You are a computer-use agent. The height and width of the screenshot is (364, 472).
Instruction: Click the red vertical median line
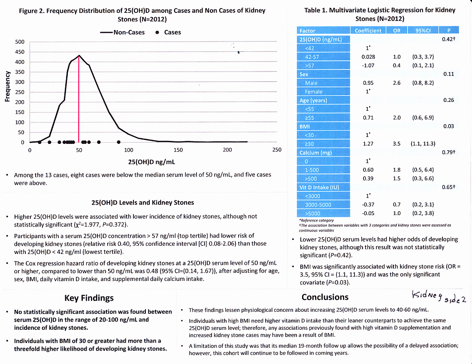79,101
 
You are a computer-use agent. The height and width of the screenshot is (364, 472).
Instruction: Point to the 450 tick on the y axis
20,52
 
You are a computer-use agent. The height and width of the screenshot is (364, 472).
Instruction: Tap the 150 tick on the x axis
178,149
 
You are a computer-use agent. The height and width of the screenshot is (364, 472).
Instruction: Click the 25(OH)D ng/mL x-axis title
152,162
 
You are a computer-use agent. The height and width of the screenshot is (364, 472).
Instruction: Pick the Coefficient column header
368,30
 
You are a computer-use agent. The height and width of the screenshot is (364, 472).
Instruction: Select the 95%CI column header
424,30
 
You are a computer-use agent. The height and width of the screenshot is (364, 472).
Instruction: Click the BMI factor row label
304,127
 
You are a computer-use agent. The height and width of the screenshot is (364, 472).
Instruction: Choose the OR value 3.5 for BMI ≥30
396,144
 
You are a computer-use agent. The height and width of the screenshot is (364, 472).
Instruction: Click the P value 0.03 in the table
448,126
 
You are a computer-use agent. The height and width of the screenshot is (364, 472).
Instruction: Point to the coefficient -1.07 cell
368,66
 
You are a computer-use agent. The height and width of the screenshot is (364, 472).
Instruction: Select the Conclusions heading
325,297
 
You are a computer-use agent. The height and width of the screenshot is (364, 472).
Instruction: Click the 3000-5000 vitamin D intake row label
318,205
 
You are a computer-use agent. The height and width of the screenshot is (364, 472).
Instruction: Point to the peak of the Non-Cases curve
79,56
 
